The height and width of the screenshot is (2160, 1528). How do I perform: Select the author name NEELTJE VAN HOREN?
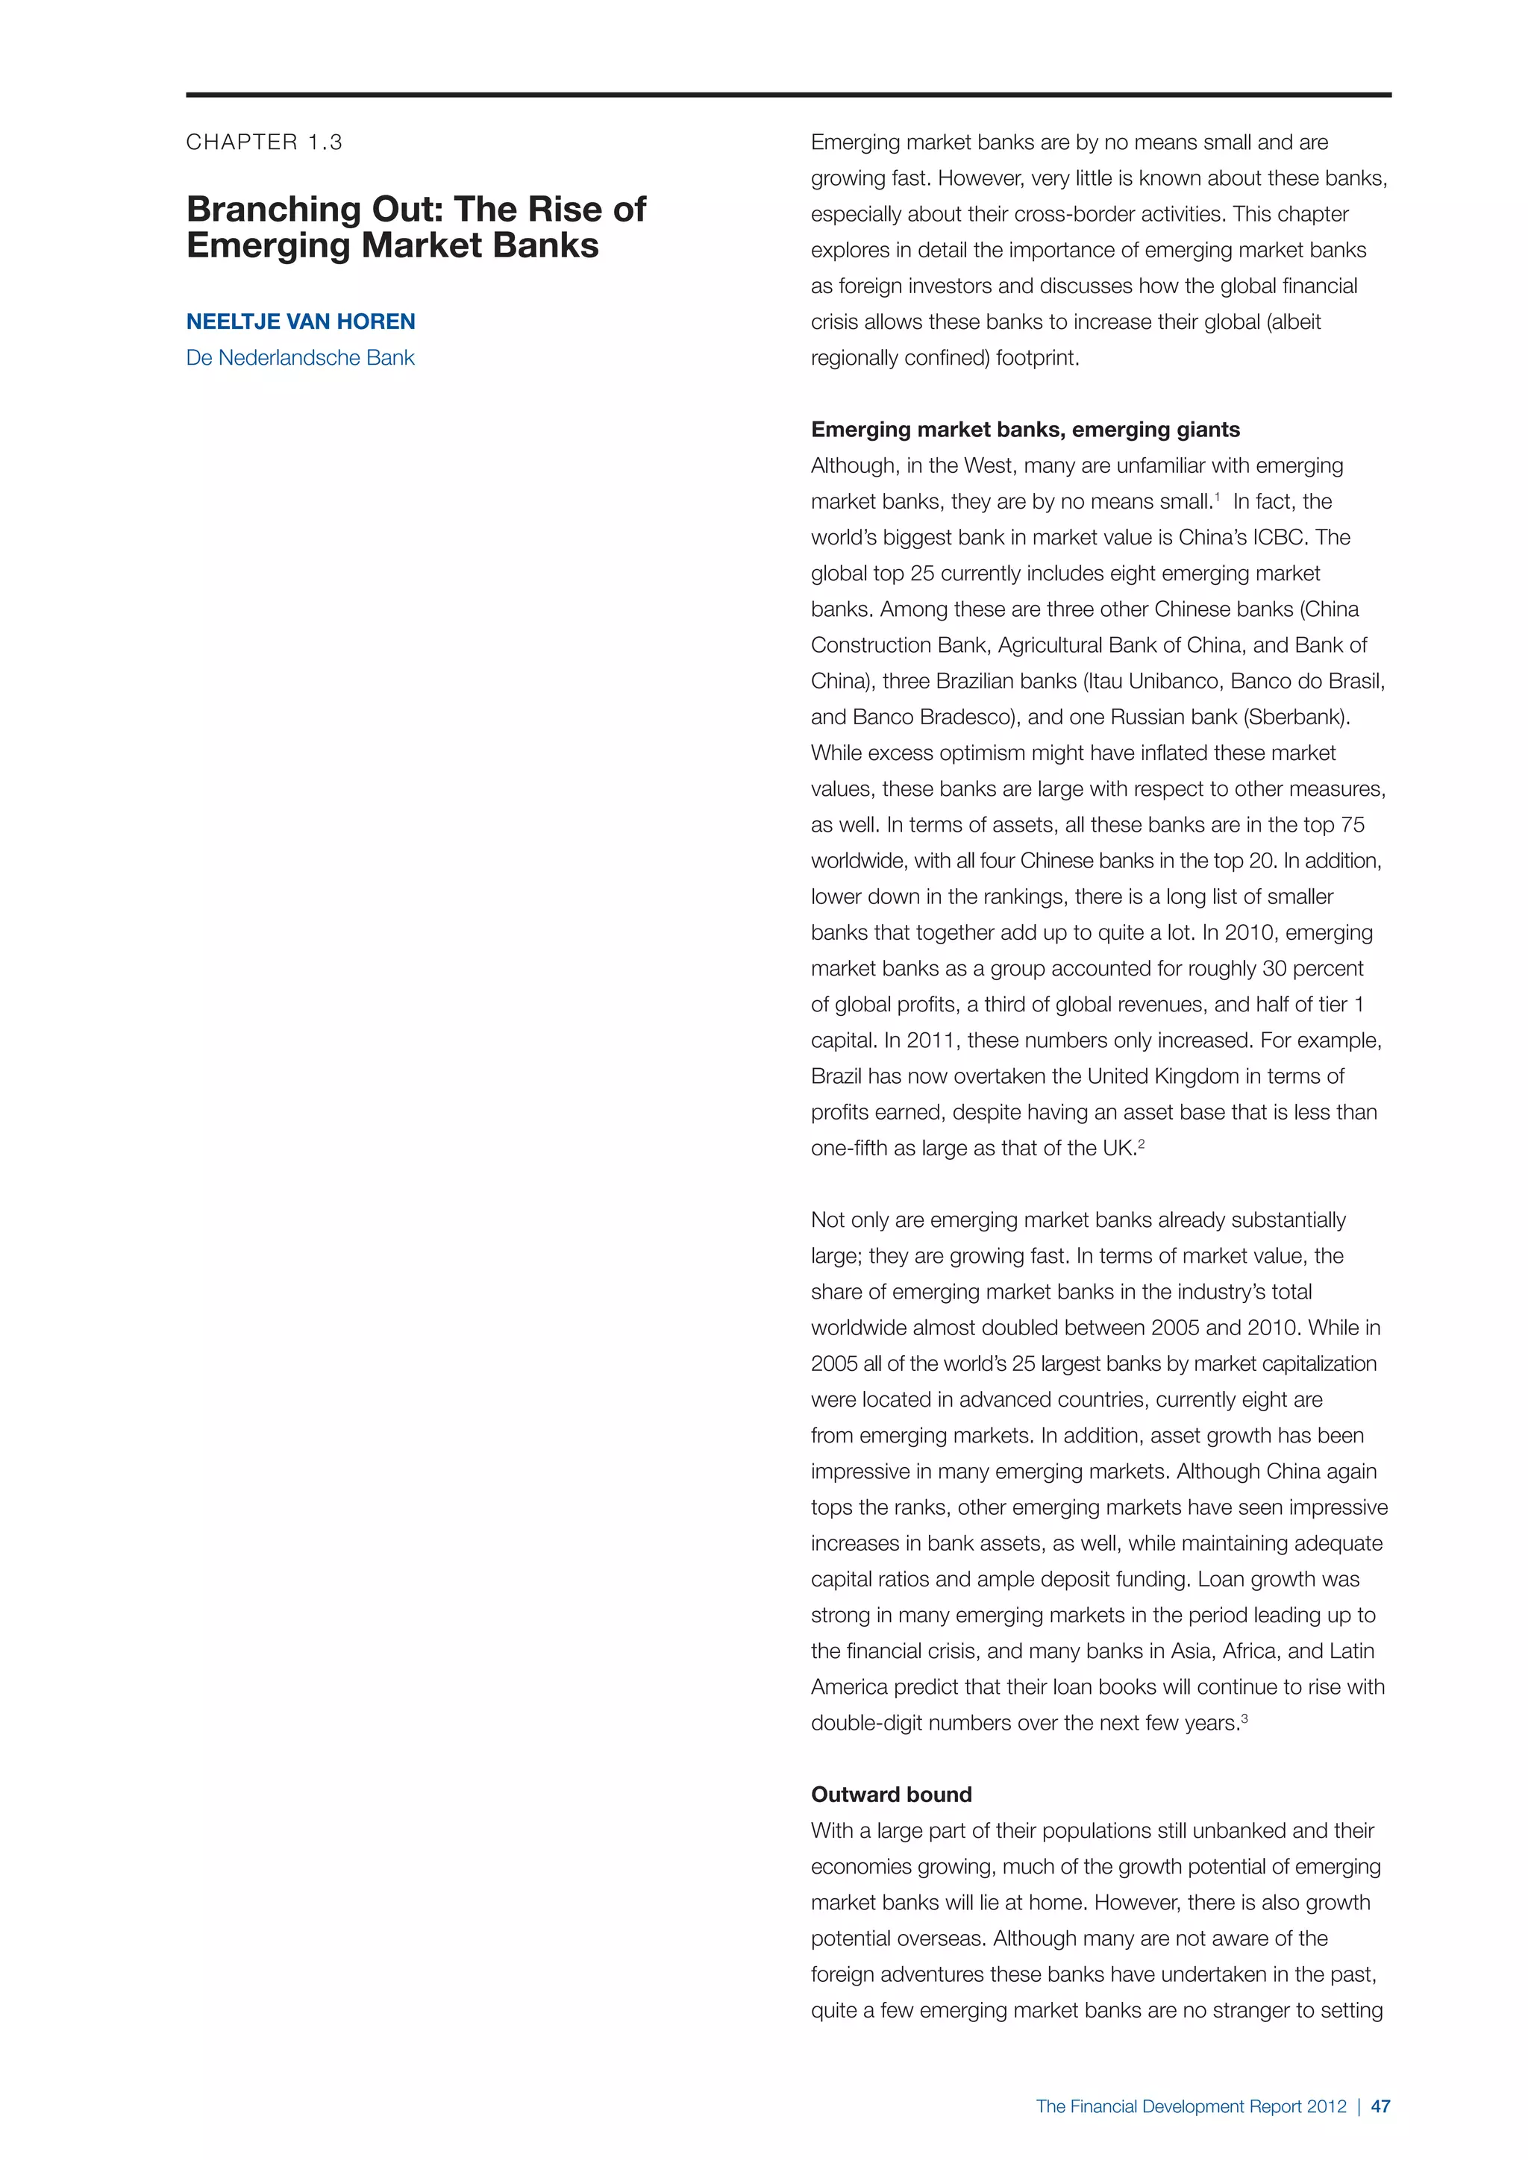pos(300,321)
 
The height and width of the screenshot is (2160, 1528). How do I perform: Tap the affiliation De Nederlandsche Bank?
pos(300,357)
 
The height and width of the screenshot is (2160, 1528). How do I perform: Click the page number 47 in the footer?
pos(1380,2106)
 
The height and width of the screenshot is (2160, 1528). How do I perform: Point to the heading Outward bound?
pos(891,1794)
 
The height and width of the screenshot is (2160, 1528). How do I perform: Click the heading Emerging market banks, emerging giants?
pos(1024,430)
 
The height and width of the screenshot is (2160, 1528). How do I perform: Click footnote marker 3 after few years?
pos(1244,1718)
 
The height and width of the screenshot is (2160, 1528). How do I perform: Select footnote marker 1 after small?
pos(1217,497)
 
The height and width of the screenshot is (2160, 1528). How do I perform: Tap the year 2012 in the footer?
pos(1326,2106)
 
